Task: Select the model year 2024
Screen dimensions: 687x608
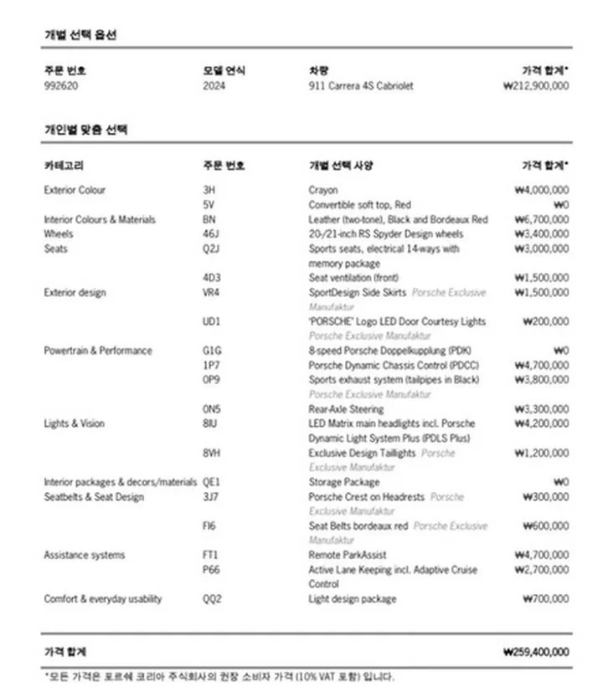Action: (x=214, y=85)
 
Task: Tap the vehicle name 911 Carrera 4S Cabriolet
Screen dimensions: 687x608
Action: (x=360, y=85)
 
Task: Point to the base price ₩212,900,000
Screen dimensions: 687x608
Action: (x=536, y=85)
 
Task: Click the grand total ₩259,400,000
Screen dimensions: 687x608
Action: (x=536, y=652)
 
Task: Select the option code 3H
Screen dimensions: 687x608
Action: (x=209, y=190)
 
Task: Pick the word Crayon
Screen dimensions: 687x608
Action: (x=323, y=190)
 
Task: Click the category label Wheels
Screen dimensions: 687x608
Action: (x=59, y=234)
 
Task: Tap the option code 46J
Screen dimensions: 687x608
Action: (x=211, y=234)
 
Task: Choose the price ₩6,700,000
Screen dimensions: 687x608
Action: (x=541, y=219)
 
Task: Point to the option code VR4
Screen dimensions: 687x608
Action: (x=212, y=293)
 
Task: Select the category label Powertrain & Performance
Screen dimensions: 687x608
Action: (x=98, y=351)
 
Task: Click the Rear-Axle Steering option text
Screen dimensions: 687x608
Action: (x=346, y=409)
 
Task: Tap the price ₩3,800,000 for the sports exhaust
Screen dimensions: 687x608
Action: (x=541, y=380)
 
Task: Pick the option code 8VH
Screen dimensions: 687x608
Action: (x=213, y=453)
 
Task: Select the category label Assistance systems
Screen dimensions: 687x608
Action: (x=85, y=555)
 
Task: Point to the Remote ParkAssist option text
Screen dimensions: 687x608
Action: (x=348, y=555)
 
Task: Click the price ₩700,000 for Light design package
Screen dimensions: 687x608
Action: (x=545, y=599)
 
